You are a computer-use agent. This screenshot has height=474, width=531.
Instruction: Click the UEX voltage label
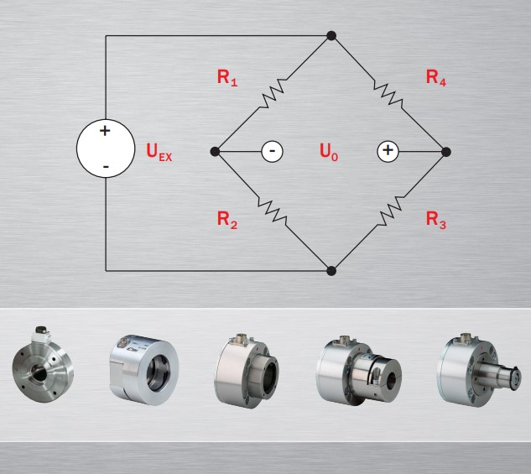159,153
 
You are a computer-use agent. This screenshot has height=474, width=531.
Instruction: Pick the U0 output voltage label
329,152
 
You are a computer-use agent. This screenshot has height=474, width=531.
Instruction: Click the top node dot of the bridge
331,36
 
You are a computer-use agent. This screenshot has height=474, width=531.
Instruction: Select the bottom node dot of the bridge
331,271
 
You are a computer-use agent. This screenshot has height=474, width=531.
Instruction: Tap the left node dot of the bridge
216,152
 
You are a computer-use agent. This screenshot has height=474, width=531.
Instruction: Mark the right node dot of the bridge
446,152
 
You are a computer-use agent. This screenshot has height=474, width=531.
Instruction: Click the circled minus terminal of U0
272,152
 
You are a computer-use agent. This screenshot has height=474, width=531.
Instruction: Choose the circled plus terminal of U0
387,152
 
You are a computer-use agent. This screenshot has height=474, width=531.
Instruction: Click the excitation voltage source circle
106,151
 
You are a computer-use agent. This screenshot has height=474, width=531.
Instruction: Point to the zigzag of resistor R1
274,94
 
